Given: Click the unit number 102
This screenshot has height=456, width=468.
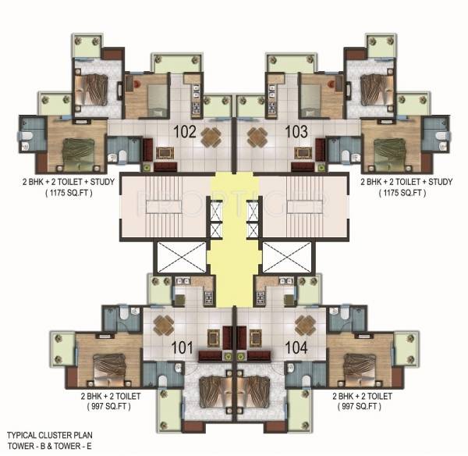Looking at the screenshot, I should pos(185,131).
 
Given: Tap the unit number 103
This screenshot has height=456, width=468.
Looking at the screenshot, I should pos(296,131).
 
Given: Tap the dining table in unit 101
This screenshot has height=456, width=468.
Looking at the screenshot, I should pos(163,324).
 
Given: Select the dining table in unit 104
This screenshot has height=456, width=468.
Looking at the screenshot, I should pos(304,324).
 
